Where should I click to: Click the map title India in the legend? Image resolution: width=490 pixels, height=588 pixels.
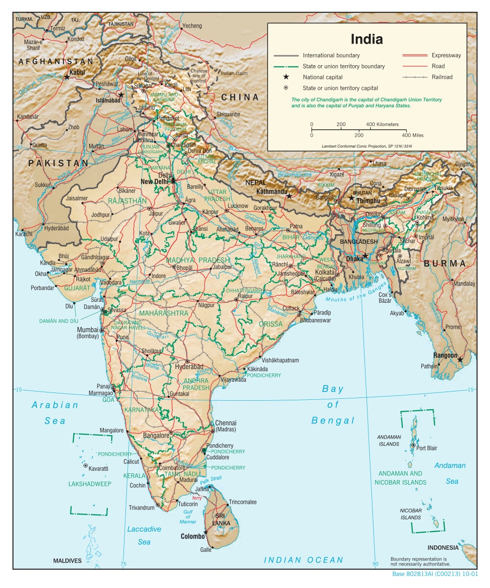point(367,39)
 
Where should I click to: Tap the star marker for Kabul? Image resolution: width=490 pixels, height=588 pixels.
point(67,77)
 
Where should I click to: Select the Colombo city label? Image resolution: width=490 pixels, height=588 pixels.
point(193,537)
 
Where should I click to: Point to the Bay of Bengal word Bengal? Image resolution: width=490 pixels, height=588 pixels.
point(333,420)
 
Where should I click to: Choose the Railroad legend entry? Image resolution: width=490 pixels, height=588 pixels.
point(442,77)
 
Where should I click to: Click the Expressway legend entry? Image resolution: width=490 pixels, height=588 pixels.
point(446,55)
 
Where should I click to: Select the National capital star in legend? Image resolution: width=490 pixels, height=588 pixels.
point(285,77)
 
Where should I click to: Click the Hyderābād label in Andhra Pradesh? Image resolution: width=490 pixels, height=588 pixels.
point(189,367)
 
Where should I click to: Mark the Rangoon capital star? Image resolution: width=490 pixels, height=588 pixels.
point(460,360)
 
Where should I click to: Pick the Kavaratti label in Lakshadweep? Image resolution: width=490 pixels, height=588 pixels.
point(98,468)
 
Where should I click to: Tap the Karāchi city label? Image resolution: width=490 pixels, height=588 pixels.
point(23,234)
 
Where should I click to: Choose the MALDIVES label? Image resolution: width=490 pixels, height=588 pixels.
point(67,561)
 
